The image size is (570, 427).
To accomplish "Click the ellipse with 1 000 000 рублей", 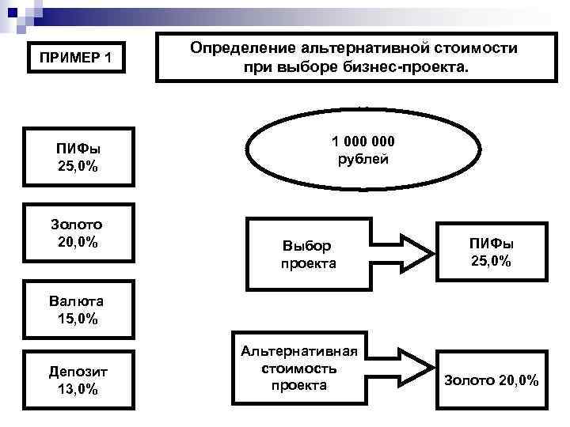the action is click(x=363, y=149).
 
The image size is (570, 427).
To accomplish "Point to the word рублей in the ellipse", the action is click(x=363, y=159).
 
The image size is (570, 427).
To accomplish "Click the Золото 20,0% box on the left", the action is click(x=78, y=233).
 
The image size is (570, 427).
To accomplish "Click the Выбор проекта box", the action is click(x=309, y=255).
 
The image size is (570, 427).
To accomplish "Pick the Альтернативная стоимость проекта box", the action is click(x=298, y=368).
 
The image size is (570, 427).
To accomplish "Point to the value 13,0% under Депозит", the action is click(x=78, y=388).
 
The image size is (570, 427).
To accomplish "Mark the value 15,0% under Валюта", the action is click(x=78, y=319).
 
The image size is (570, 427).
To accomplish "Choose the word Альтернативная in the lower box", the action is click(x=298, y=351).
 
